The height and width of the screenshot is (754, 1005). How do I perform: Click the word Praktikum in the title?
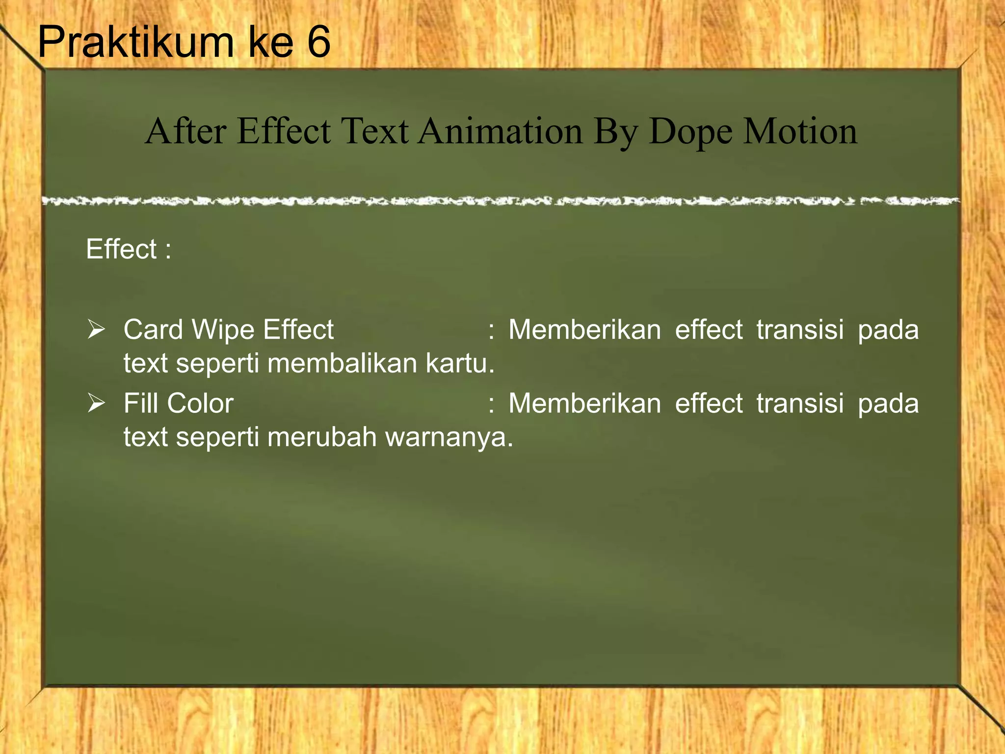pyautogui.click(x=135, y=42)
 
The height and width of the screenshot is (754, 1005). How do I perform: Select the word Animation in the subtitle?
pyautogui.click(x=500, y=131)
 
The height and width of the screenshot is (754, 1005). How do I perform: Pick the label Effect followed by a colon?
pyautogui.click(x=128, y=249)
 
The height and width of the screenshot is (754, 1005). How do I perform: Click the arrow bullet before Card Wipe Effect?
pyautogui.click(x=96, y=329)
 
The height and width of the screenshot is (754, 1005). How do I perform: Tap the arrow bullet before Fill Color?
pyautogui.click(x=96, y=403)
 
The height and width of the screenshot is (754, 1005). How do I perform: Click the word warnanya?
pyautogui.click(x=449, y=437)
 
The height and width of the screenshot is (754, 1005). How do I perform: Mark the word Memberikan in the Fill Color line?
pyautogui.click(x=584, y=403)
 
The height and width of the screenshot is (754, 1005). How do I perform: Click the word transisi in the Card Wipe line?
pyautogui.click(x=800, y=329)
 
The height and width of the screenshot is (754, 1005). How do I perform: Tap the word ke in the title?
pyautogui.click(x=270, y=42)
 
